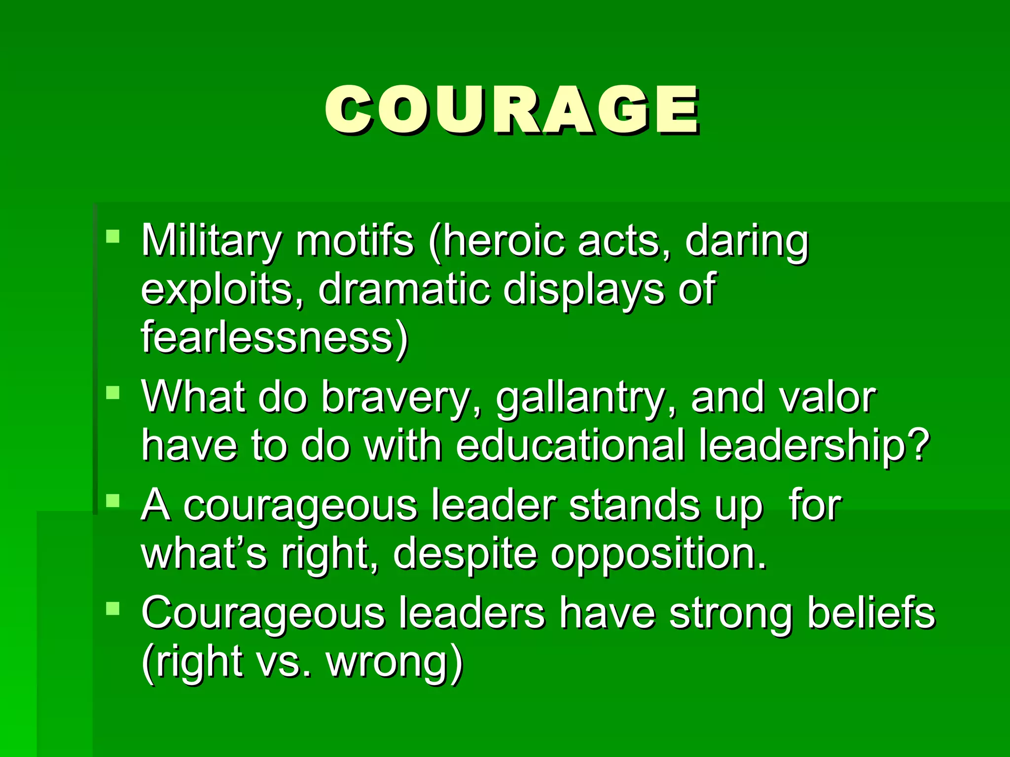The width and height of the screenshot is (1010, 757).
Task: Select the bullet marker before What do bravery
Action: (113, 392)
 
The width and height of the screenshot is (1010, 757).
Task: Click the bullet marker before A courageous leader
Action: (113, 501)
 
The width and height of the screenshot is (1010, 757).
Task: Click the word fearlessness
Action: (266, 337)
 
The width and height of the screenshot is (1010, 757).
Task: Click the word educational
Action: (570, 446)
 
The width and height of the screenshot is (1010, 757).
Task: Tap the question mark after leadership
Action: (918, 446)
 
